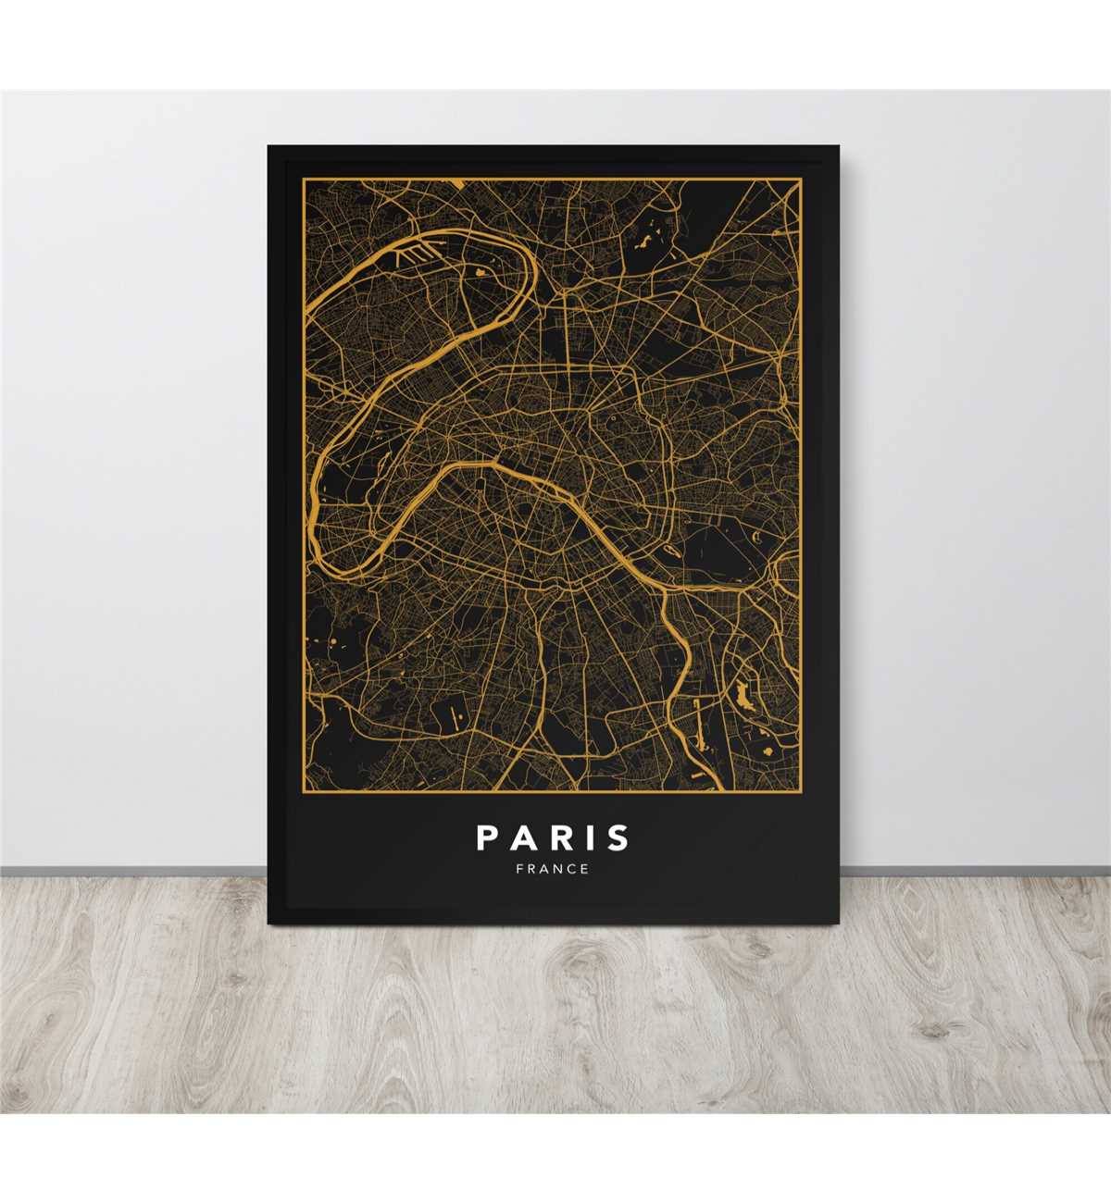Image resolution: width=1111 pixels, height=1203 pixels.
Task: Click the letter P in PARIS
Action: tap(488, 837)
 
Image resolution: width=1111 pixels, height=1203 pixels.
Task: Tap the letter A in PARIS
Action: tap(524, 837)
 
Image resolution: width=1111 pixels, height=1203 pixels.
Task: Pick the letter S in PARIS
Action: tap(618, 837)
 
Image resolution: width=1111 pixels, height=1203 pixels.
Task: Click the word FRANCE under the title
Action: tap(553, 869)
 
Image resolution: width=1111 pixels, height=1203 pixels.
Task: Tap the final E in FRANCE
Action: tap(584, 869)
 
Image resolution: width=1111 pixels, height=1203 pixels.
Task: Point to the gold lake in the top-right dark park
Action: tap(644, 242)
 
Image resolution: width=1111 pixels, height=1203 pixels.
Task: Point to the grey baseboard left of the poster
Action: tap(130, 871)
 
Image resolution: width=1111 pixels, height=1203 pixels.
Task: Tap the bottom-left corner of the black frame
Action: tap(268, 923)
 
